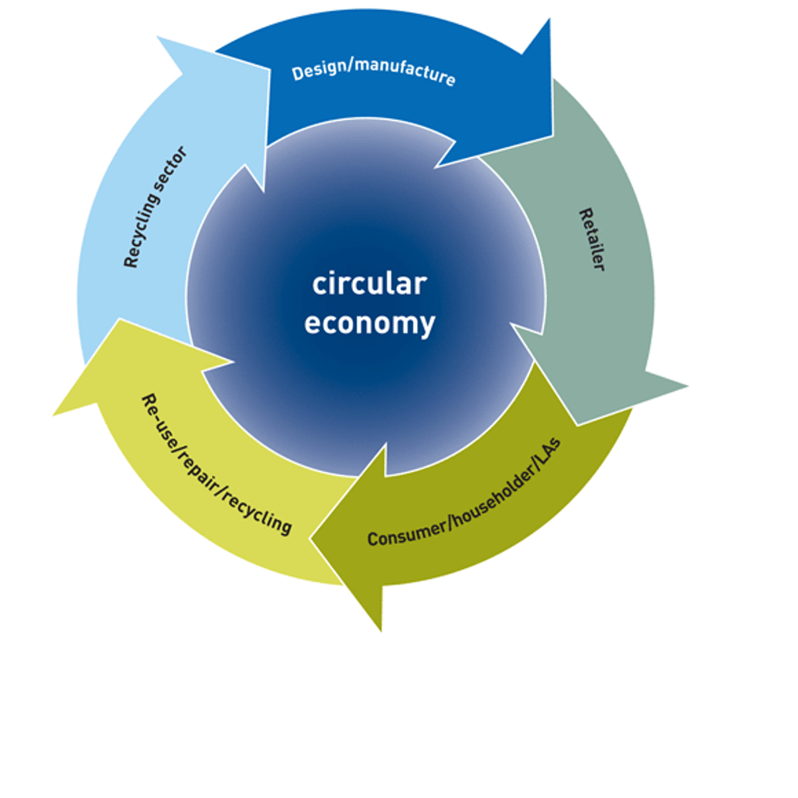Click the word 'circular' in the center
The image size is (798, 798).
click(x=369, y=284)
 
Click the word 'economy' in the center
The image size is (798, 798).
click(x=369, y=324)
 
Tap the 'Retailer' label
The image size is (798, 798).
click(x=591, y=239)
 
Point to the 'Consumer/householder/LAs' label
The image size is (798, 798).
click(x=464, y=493)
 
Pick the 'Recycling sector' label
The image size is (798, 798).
click(x=155, y=207)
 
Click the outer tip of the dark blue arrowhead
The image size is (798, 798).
click(x=549, y=20)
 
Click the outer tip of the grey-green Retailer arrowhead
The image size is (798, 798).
click(x=686, y=385)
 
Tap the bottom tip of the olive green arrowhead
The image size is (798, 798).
click(x=381, y=630)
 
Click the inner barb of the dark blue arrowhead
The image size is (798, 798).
click(x=437, y=166)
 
